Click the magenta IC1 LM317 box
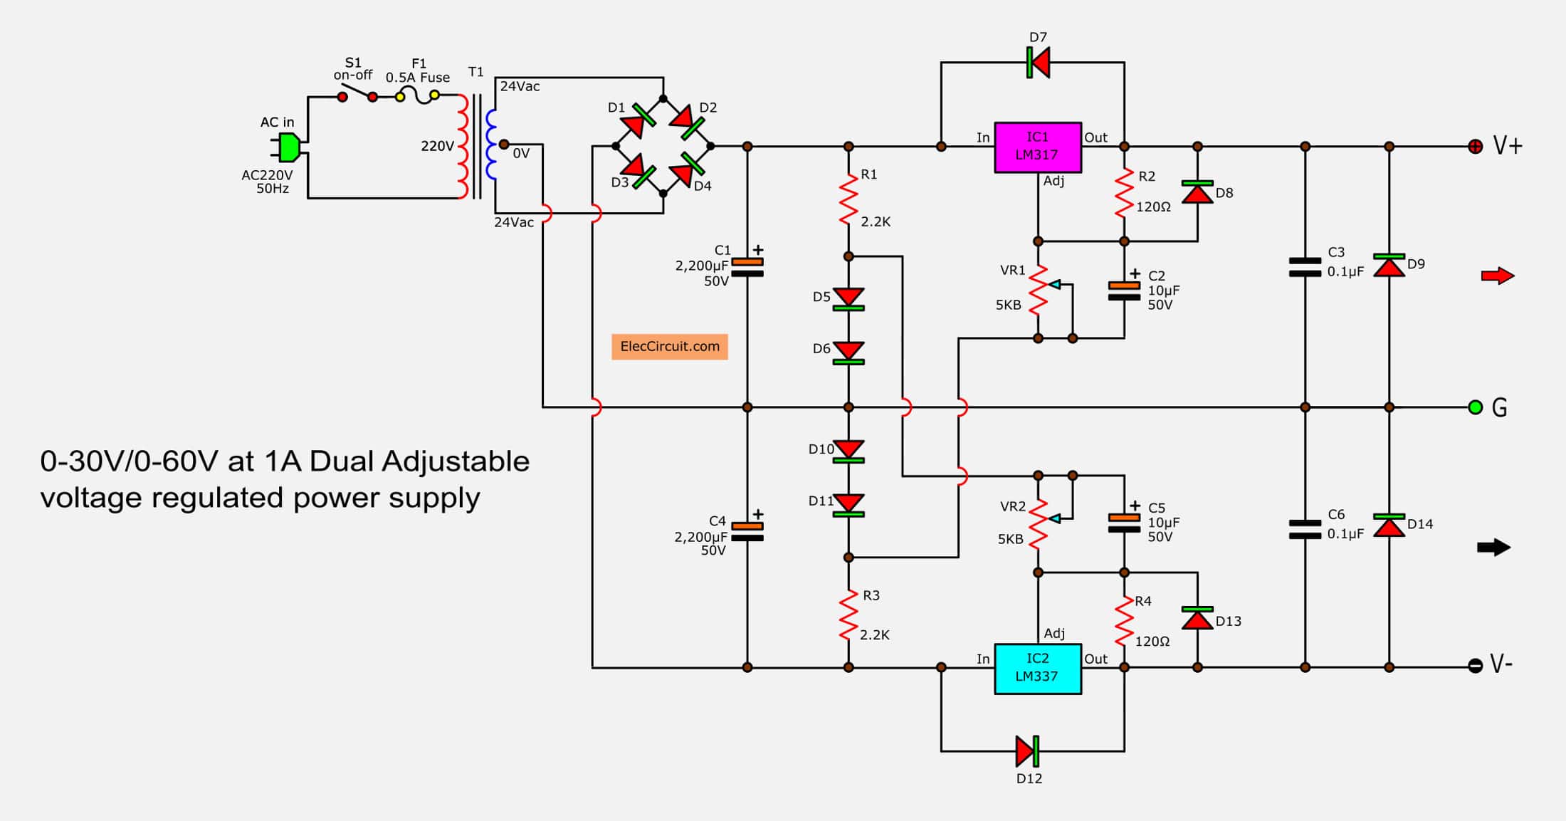[1038, 147]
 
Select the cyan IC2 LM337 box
[1038, 669]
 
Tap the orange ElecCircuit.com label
[669, 347]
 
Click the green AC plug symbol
[288, 147]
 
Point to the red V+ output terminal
[1476, 147]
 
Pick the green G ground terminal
[1476, 407]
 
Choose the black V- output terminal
[1476, 666]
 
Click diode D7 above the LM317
[1039, 63]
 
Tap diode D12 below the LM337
[1028, 751]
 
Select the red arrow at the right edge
[1497, 276]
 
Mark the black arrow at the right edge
[1493, 548]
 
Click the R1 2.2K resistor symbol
[848, 200]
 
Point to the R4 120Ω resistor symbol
[1124, 621]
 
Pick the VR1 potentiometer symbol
[1039, 290]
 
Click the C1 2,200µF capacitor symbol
[747, 268]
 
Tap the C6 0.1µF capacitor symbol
[1305, 529]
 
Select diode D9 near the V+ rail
[1389, 265]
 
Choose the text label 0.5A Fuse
[418, 78]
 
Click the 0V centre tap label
[521, 153]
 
